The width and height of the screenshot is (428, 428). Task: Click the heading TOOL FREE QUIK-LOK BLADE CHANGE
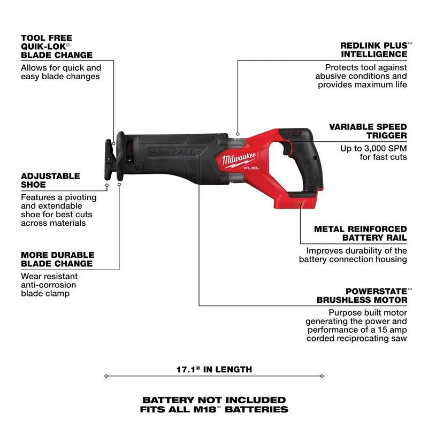click(56, 47)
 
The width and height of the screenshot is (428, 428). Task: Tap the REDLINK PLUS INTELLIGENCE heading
click(373, 50)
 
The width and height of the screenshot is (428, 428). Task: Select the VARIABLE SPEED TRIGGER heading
click(368, 131)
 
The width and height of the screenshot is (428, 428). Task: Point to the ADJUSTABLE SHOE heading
click(50, 180)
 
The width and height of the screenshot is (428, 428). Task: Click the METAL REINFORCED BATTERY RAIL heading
click(360, 233)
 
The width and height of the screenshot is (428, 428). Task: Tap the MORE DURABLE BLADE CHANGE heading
click(57, 259)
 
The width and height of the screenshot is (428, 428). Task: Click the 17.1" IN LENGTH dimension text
click(214, 369)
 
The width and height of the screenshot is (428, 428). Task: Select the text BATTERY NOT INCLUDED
click(214, 400)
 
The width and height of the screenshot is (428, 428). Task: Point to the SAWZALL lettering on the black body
click(165, 152)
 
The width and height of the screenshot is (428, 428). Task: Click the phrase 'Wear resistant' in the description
click(49, 276)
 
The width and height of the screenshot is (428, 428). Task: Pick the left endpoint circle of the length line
click(106, 376)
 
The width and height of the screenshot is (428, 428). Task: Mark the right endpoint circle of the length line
click(322, 376)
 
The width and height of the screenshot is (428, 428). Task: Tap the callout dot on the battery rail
click(300, 204)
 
